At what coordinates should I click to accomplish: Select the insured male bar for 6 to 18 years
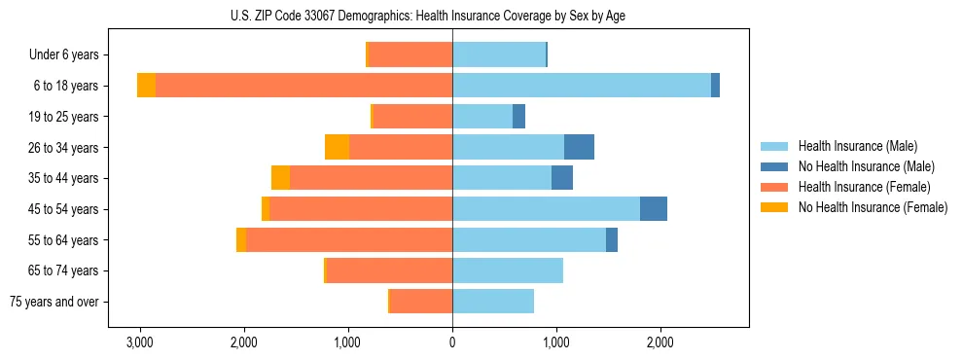[x=581, y=86]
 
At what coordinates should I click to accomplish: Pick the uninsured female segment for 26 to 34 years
[x=337, y=147]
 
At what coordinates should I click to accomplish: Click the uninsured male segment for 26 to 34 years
[x=579, y=147]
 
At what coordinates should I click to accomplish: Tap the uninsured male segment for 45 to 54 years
[x=654, y=209]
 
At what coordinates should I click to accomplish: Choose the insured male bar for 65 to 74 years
[x=508, y=270]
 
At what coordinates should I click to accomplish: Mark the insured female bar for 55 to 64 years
[x=349, y=239]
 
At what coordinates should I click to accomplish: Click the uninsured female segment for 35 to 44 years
[x=280, y=178]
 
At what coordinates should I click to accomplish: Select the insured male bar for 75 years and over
[x=493, y=302]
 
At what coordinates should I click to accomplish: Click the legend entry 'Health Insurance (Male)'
[x=857, y=146]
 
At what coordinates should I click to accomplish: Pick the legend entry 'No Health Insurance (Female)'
[x=873, y=207]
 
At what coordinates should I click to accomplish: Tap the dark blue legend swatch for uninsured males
[x=775, y=166]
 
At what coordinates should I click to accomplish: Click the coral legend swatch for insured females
[x=775, y=187]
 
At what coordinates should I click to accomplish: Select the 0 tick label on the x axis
[x=452, y=343]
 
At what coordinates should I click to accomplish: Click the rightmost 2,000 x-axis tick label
[x=660, y=343]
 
